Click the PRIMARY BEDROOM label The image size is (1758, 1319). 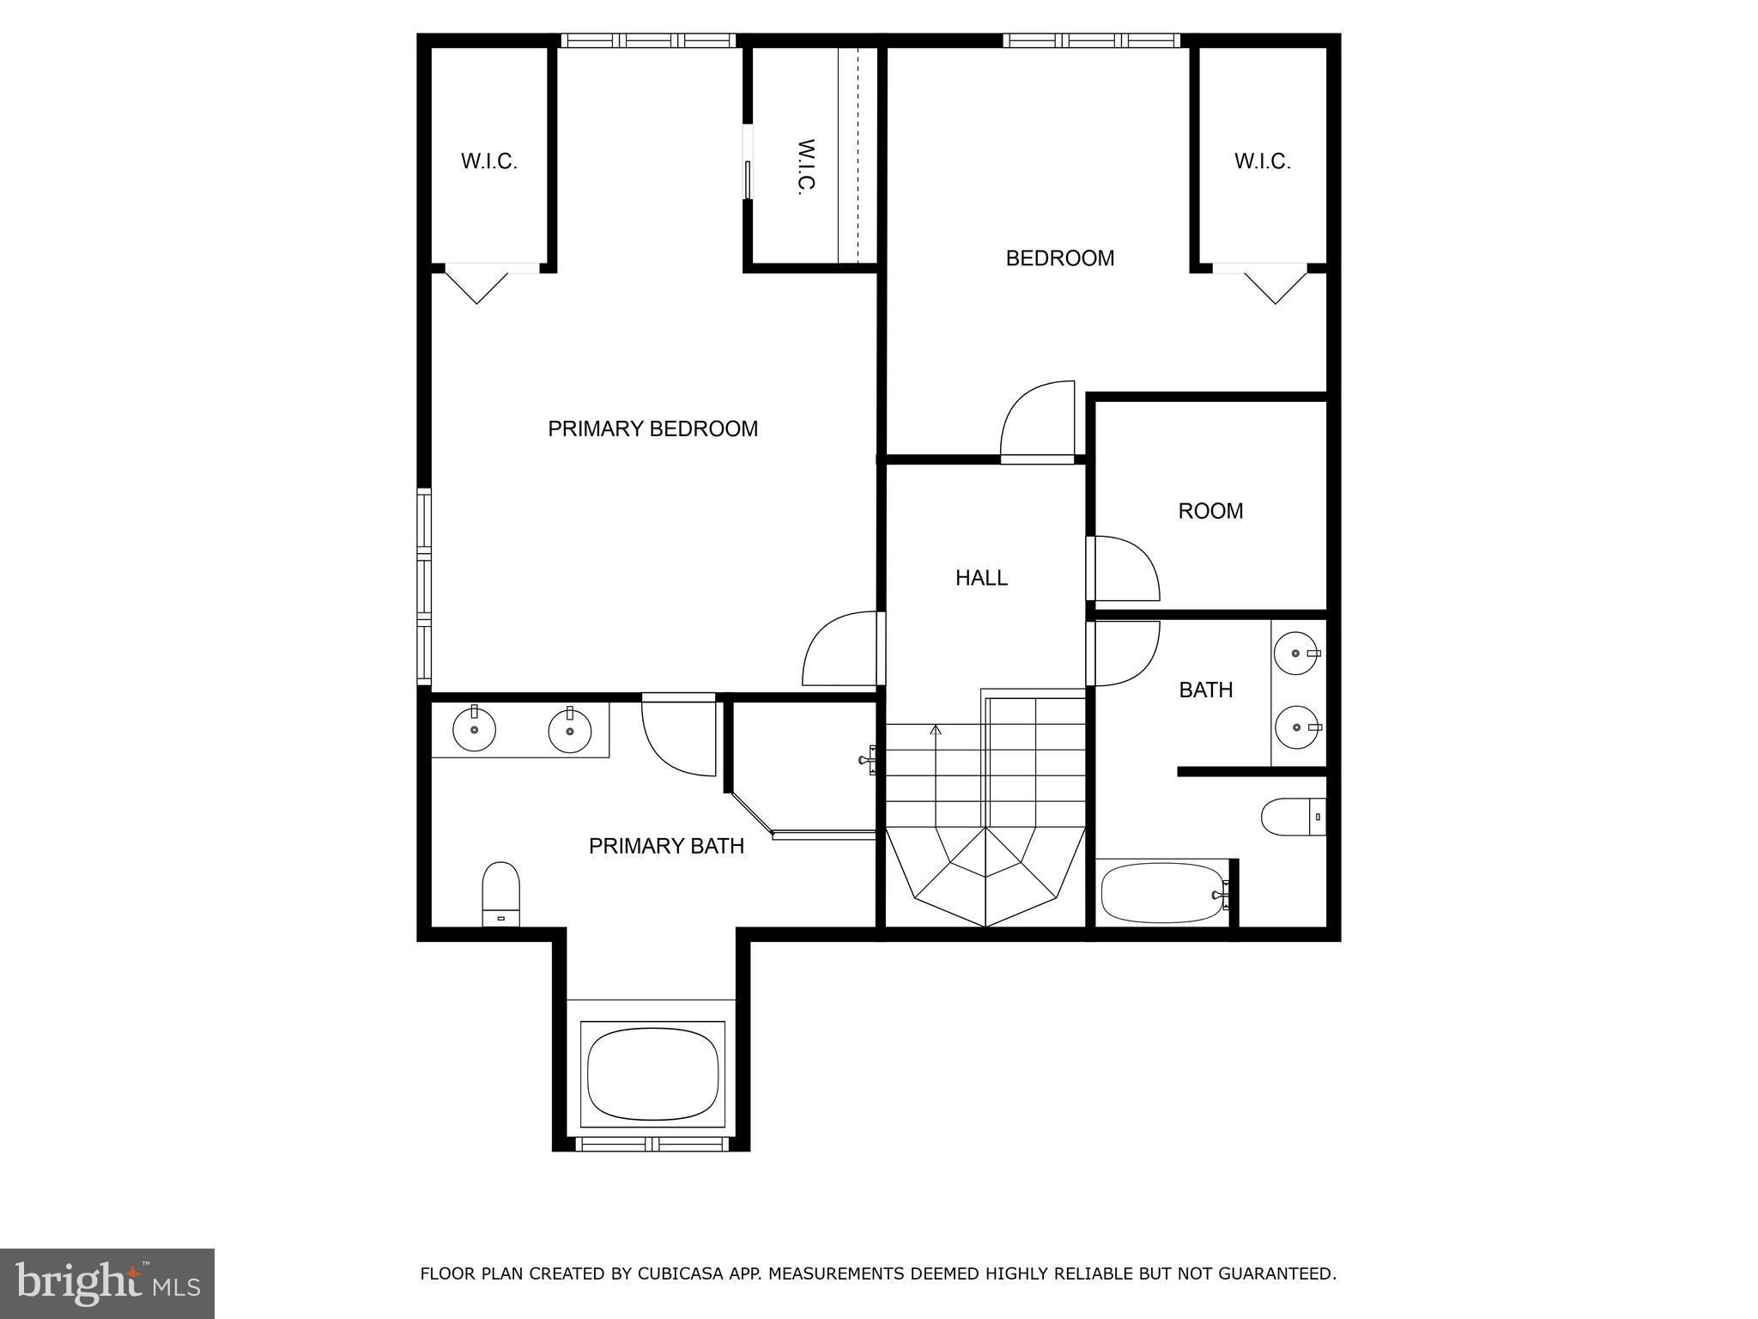[x=652, y=429]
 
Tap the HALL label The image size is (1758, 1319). [x=981, y=578]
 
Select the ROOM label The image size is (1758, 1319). [x=1210, y=511]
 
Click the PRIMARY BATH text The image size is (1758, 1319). [x=666, y=846]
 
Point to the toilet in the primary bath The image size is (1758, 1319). [x=501, y=893]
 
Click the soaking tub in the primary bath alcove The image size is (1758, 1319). [x=652, y=1074]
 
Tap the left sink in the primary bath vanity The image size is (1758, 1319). [x=474, y=731]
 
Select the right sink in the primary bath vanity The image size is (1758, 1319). [x=569, y=731]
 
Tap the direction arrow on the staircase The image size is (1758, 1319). [x=936, y=731]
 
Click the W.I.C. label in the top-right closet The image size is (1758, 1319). [x=1262, y=161]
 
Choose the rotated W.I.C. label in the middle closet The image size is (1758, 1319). [x=804, y=167]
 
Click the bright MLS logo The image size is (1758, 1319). [x=107, y=1283]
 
